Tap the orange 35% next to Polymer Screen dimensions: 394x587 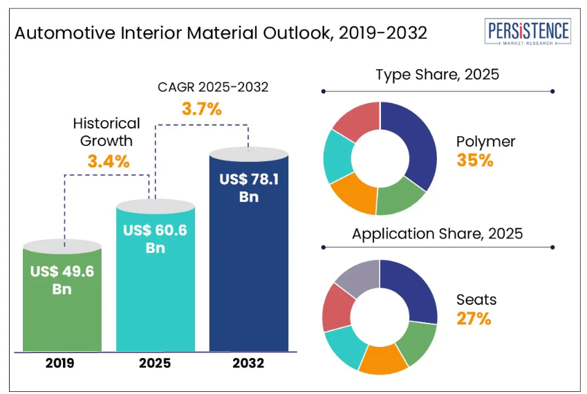tap(475, 160)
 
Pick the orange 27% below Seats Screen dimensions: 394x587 tap(474, 319)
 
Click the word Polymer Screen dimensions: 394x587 tap(485, 142)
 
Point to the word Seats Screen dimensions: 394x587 tap(476, 300)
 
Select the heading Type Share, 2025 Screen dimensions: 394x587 tap(437, 75)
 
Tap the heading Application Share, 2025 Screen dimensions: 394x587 tap(437, 234)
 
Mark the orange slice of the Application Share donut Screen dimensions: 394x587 tap(384, 362)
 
